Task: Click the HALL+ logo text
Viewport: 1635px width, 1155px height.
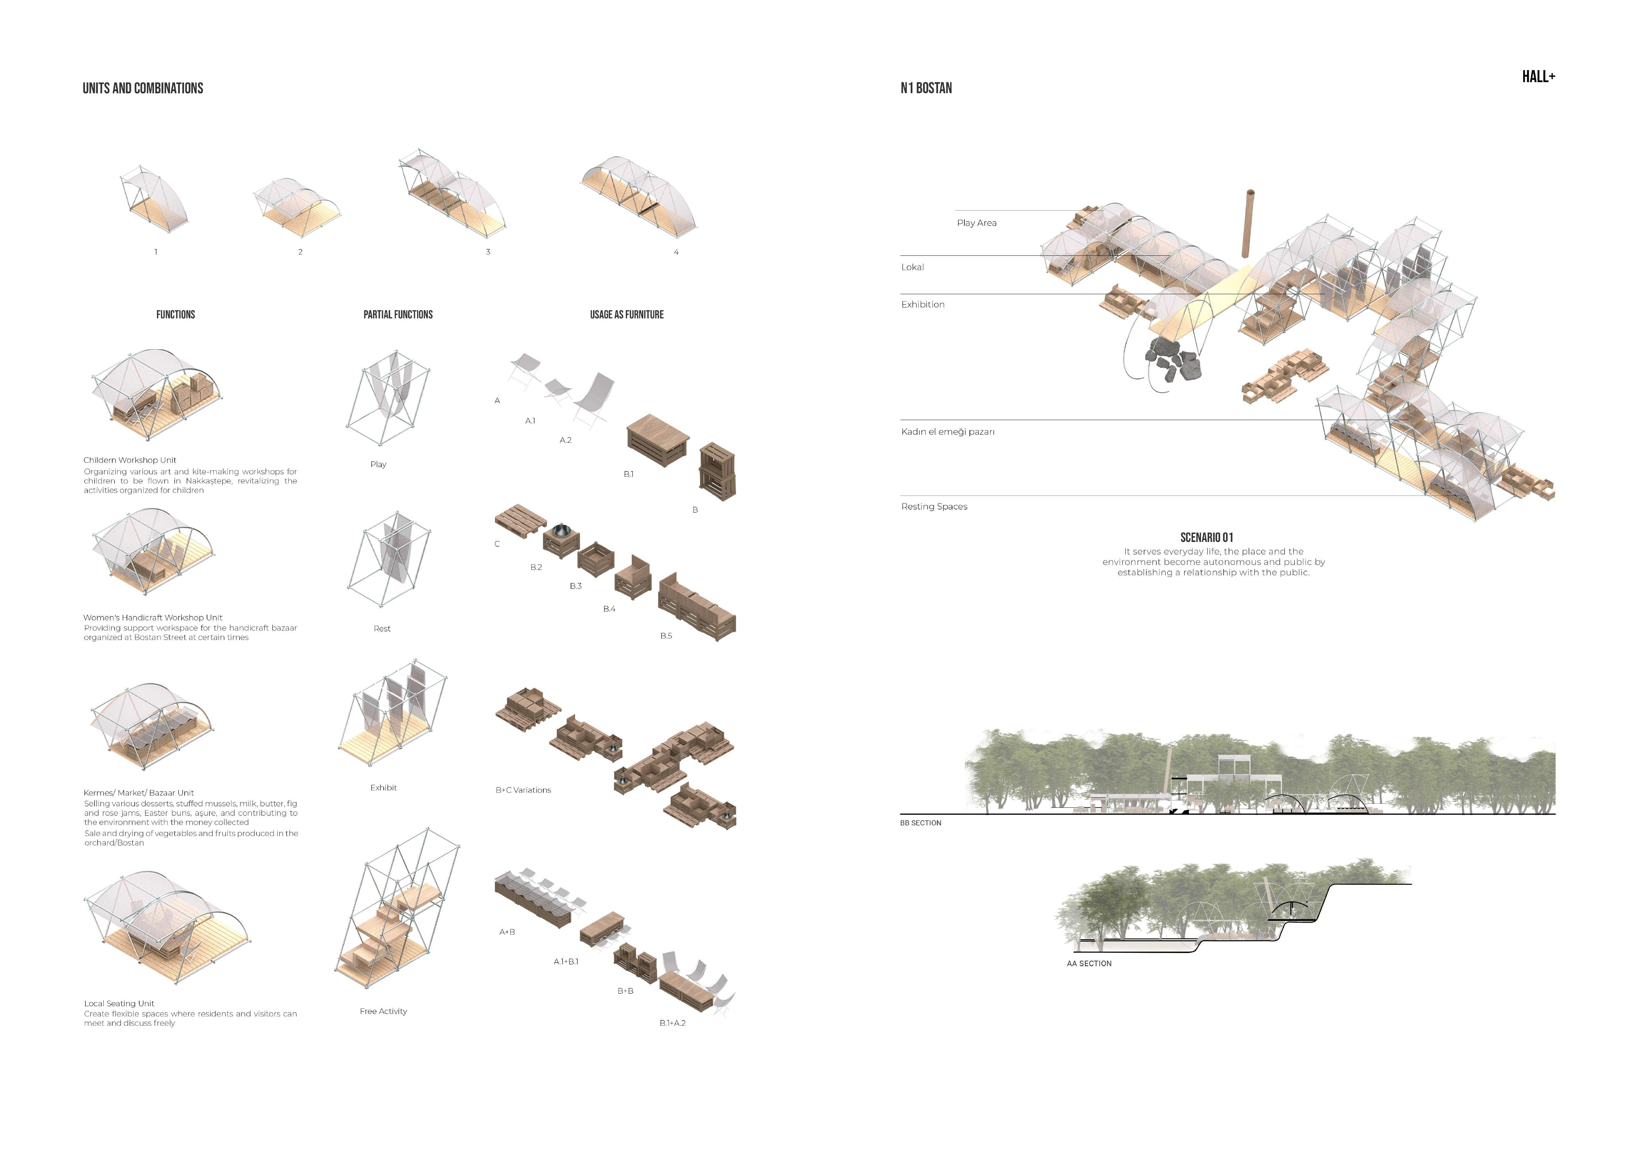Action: pyautogui.click(x=1538, y=77)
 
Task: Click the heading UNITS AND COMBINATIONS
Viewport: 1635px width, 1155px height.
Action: pyautogui.click(x=142, y=88)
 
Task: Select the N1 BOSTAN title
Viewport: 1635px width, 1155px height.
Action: pyautogui.click(x=926, y=88)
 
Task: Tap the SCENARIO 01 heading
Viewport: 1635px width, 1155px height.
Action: pyautogui.click(x=1206, y=538)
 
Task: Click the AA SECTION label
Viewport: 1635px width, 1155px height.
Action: pyautogui.click(x=1089, y=963)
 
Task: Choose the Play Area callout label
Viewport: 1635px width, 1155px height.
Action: pyautogui.click(x=976, y=223)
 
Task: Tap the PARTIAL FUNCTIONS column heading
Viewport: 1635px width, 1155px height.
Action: pyautogui.click(x=398, y=315)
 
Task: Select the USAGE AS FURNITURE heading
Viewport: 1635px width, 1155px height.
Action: pyautogui.click(x=627, y=315)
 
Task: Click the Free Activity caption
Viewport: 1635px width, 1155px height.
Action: pyautogui.click(x=383, y=1011)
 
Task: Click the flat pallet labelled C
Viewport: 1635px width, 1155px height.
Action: pyautogui.click(x=520, y=520)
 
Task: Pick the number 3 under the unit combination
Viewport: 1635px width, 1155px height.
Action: pyautogui.click(x=488, y=252)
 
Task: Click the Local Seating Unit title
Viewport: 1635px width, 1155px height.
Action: pyautogui.click(x=119, y=1003)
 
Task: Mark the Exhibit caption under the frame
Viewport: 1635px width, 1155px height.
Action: pyautogui.click(x=383, y=788)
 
